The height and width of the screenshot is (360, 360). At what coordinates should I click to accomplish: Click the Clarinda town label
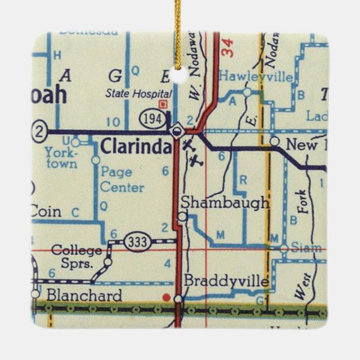(x=136, y=148)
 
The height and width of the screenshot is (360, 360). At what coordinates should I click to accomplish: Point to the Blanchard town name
(x=84, y=295)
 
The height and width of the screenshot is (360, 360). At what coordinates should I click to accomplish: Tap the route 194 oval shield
(x=151, y=118)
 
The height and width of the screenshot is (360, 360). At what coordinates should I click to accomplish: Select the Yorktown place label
(x=61, y=158)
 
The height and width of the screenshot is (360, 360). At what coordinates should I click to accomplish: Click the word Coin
(x=45, y=212)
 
